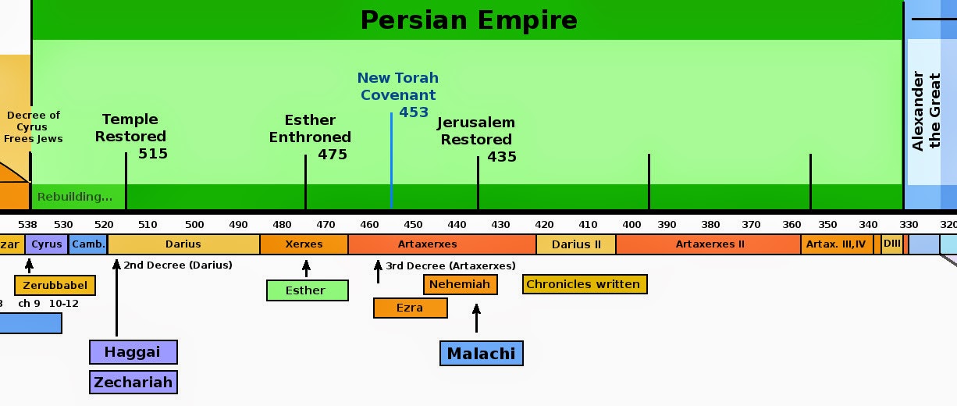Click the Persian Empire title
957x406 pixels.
click(x=468, y=20)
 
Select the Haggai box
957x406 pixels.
click(x=133, y=352)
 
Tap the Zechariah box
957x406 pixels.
click(x=133, y=382)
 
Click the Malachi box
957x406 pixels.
click(x=481, y=353)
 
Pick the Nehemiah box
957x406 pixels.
click(x=460, y=284)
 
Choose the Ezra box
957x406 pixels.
click(x=410, y=308)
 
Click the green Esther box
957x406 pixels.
click(x=305, y=290)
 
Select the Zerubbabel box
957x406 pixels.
click(x=55, y=285)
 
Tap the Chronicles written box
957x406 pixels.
click(x=584, y=284)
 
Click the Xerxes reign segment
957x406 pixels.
click(x=304, y=244)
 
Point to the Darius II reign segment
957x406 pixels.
click(x=576, y=244)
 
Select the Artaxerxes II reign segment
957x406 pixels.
click(x=709, y=244)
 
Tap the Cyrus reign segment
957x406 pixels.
click(x=47, y=244)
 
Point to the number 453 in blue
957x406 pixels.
click(x=414, y=112)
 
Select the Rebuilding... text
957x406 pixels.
click(x=75, y=196)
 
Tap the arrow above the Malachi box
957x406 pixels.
click(x=476, y=319)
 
